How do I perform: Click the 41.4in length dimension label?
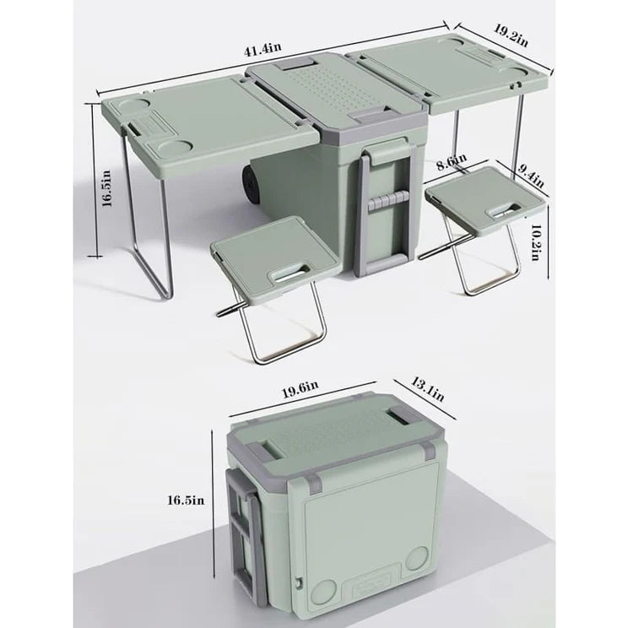260,51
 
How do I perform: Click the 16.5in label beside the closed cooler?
187,500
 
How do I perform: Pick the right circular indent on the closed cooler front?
416,559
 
